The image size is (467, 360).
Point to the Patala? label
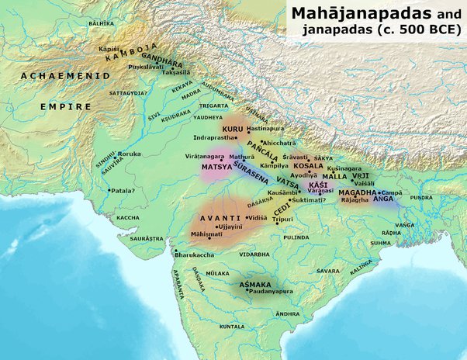125,190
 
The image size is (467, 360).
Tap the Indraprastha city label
212,137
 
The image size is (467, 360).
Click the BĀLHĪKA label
101,24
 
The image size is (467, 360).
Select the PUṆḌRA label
421,198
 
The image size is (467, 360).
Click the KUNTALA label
231,327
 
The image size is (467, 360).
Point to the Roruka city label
130,154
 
